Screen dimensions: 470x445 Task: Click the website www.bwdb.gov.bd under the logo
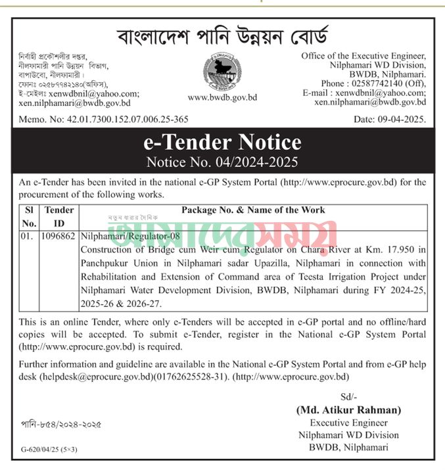pos(222,97)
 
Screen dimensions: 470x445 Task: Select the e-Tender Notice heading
pos(222,142)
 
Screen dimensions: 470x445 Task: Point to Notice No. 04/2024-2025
pos(222,160)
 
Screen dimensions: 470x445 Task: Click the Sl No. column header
pos(28,216)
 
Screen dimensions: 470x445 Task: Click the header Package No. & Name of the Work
pos(252,210)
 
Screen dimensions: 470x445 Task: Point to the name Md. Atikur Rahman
pos(348,410)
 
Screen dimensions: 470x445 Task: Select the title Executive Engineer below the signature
pos(348,422)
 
